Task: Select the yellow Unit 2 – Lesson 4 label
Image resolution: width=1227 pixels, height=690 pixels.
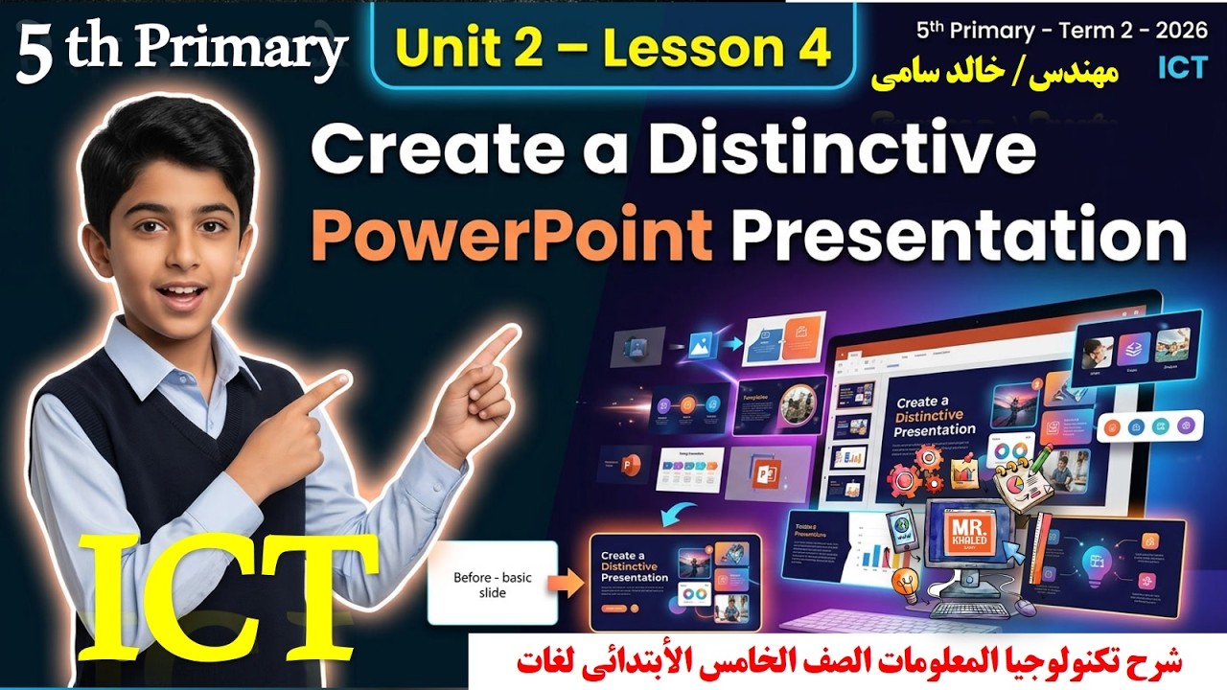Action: coord(613,50)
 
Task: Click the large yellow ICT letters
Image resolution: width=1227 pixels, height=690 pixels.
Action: coord(228,597)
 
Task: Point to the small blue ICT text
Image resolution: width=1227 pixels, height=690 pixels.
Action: coord(1180,67)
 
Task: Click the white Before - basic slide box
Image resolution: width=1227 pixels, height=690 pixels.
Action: coord(493,584)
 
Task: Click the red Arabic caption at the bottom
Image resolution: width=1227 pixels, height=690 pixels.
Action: coord(847,661)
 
